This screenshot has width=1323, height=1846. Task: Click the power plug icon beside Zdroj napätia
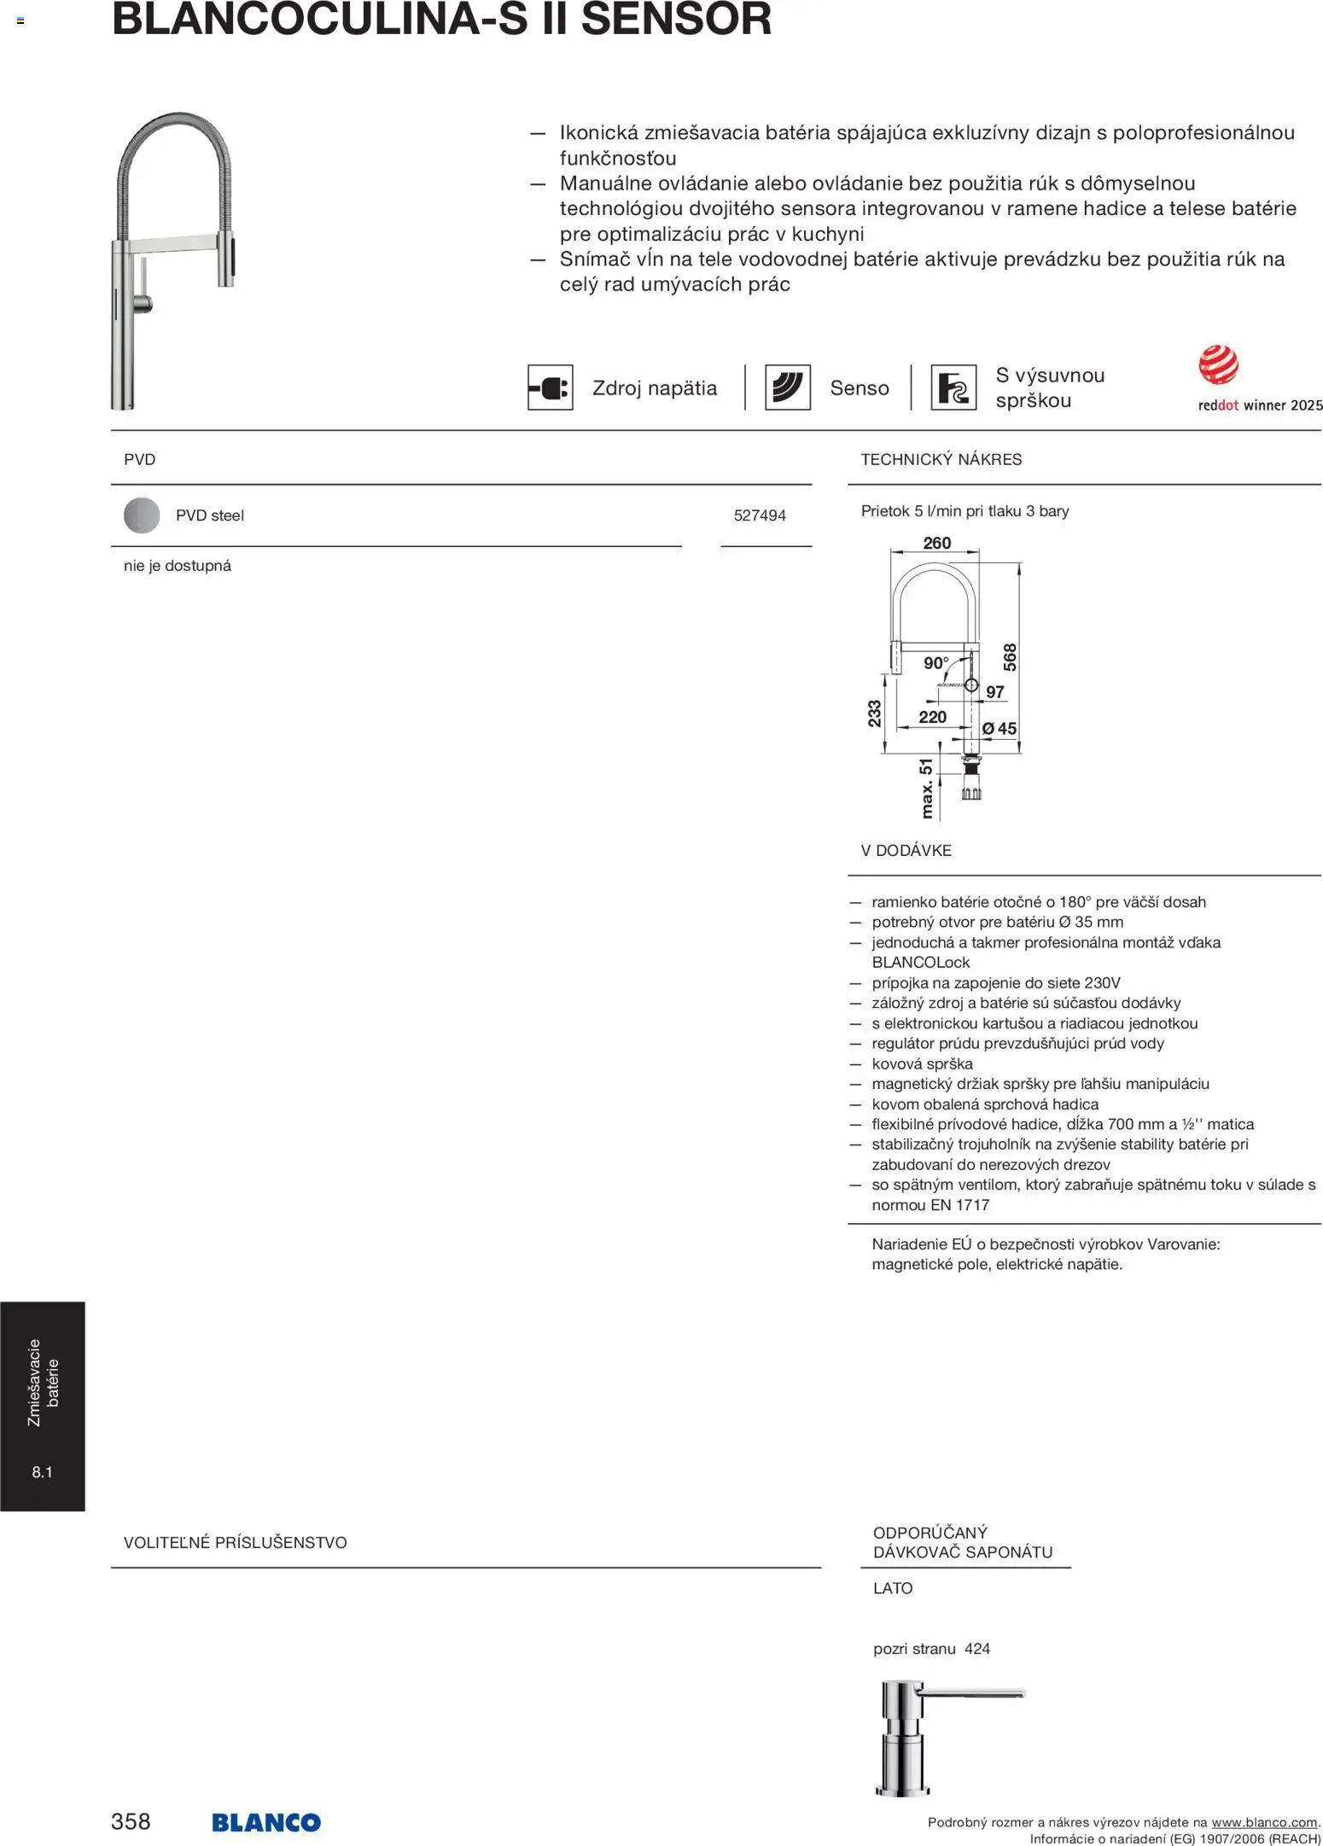click(550, 388)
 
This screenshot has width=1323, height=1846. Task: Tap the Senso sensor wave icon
click(787, 388)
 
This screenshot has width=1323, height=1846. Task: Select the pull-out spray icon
click(953, 388)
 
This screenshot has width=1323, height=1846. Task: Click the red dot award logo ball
click(1218, 365)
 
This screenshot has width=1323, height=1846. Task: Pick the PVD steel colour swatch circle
click(142, 515)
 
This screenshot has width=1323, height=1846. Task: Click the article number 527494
click(760, 515)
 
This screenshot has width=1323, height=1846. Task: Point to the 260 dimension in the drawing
click(936, 543)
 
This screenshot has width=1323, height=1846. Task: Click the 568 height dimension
click(1010, 657)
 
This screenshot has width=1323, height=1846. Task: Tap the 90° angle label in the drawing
click(935, 663)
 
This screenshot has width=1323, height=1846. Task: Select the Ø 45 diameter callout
click(999, 728)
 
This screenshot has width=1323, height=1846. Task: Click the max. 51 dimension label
click(926, 789)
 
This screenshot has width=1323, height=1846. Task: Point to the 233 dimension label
click(874, 713)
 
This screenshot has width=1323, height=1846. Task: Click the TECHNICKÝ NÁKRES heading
click(941, 459)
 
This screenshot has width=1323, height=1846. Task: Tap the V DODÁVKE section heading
click(906, 850)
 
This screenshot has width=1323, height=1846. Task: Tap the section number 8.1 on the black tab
click(42, 1472)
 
